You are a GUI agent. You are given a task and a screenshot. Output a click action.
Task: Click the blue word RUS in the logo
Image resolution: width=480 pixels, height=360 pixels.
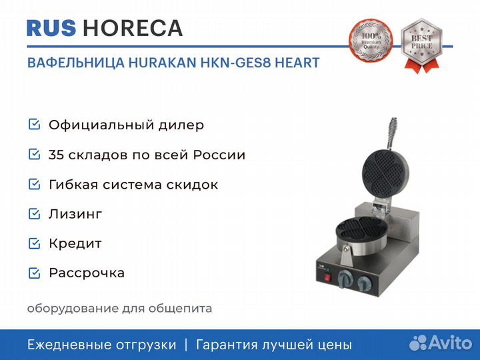coord(51,28)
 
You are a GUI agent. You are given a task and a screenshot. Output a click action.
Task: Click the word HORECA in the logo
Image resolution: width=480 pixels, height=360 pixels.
coord(133,28)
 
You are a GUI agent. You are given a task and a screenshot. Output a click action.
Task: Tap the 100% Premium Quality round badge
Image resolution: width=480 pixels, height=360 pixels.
coord(371,41)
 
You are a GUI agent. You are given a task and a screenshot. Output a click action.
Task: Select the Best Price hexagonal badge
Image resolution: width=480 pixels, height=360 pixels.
coord(421,45)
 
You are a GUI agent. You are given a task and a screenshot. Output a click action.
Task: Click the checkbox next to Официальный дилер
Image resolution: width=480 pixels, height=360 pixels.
coord(34,124)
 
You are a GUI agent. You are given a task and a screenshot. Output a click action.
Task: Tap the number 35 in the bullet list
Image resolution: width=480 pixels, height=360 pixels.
coord(56,155)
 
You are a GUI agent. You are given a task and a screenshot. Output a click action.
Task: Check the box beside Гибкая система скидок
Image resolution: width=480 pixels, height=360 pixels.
coord(34,184)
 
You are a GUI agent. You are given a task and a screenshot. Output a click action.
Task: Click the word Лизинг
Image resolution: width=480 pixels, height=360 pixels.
coord(75,214)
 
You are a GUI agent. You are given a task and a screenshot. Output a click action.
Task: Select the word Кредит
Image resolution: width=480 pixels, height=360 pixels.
coord(75,244)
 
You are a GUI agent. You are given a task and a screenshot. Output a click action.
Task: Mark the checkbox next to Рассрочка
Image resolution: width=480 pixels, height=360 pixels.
coord(34,273)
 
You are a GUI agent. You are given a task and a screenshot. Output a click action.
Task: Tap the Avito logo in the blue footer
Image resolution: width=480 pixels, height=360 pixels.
coord(441,343)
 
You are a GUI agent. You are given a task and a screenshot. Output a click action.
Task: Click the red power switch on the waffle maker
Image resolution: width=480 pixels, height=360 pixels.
coord(327,277)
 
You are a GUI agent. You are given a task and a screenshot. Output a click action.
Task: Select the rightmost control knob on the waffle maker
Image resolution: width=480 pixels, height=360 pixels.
coord(364,283)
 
